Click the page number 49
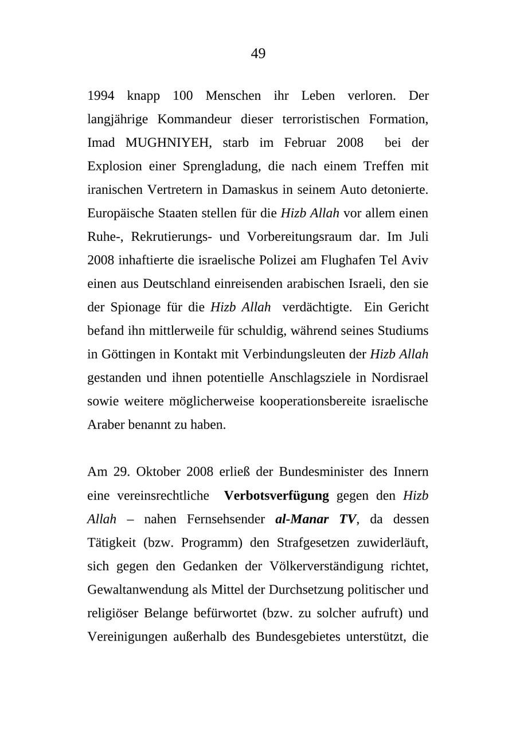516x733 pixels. pyautogui.click(x=258, y=54)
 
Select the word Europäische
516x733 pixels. pyautogui.click(x=119, y=213)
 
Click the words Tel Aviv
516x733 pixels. pyautogui.click(x=404, y=260)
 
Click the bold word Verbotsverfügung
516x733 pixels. pyautogui.click(x=276, y=496)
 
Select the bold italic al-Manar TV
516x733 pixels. pyautogui.click(x=316, y=520)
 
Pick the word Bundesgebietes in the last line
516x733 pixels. pyautogui.click(x=298, y=637)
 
